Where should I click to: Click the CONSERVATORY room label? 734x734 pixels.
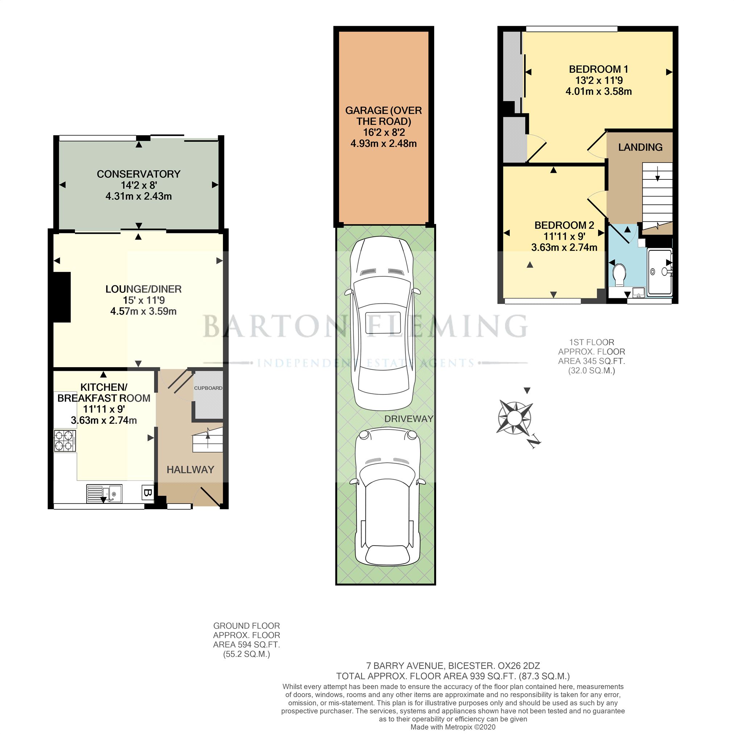click(138, 174)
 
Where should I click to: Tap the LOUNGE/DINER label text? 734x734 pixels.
click(143, 289)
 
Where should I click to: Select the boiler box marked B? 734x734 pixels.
click(148, 493)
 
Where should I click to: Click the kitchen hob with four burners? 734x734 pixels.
click(65, 441)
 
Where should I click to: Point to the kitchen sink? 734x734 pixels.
click(104, 494)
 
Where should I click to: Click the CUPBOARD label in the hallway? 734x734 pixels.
click(208, 388)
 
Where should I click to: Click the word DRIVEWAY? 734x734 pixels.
click(409, 419)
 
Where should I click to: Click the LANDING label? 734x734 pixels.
click(640, 147)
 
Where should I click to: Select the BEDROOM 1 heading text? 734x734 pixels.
click(598, 69)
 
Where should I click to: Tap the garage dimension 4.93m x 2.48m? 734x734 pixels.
click(383, 144)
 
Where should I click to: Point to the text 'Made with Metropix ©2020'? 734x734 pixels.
click(453, 727)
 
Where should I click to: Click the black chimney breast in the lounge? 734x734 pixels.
click(62, 297)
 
